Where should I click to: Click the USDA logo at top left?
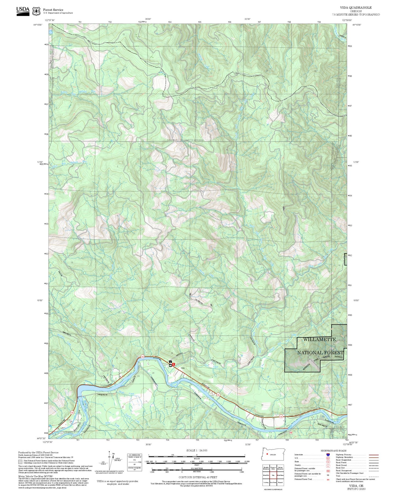23,11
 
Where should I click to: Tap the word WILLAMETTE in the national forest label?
319,340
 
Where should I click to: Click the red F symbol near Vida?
173,364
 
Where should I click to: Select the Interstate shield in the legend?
328,454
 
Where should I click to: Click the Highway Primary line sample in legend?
374,455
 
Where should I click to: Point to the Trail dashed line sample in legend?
374,477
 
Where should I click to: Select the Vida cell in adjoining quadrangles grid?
273,475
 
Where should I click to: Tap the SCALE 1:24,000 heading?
196,450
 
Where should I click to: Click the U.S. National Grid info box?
135,462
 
